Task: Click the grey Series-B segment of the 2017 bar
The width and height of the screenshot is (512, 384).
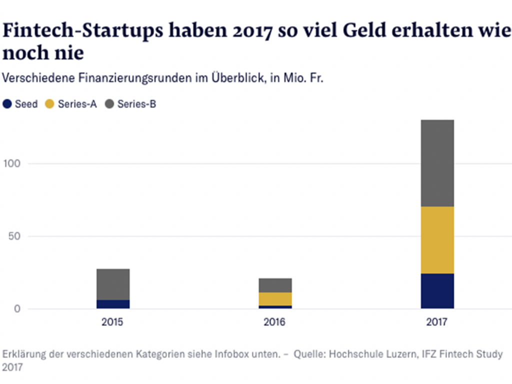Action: (437, 163)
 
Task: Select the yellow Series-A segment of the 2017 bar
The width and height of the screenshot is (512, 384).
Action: (437, 240)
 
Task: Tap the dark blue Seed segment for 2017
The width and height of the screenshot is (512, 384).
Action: (437, 291)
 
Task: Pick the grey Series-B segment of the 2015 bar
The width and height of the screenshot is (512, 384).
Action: (113, 284)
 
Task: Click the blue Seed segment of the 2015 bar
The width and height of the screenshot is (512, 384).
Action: (113, 304)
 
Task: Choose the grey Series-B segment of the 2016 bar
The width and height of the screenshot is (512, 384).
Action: (275, 285)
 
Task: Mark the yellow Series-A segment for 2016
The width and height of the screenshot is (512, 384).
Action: (275, 299)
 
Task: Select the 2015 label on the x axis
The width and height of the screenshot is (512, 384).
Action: (112, 322)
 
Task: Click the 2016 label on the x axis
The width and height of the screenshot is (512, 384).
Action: (274, 322)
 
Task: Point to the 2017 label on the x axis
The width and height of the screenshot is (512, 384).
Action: (437, 322)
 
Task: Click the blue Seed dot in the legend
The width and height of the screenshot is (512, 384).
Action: (7, 104)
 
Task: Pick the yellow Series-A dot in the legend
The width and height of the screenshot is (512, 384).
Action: (50, 104)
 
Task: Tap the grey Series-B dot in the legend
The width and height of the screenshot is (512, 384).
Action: (109, 104)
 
